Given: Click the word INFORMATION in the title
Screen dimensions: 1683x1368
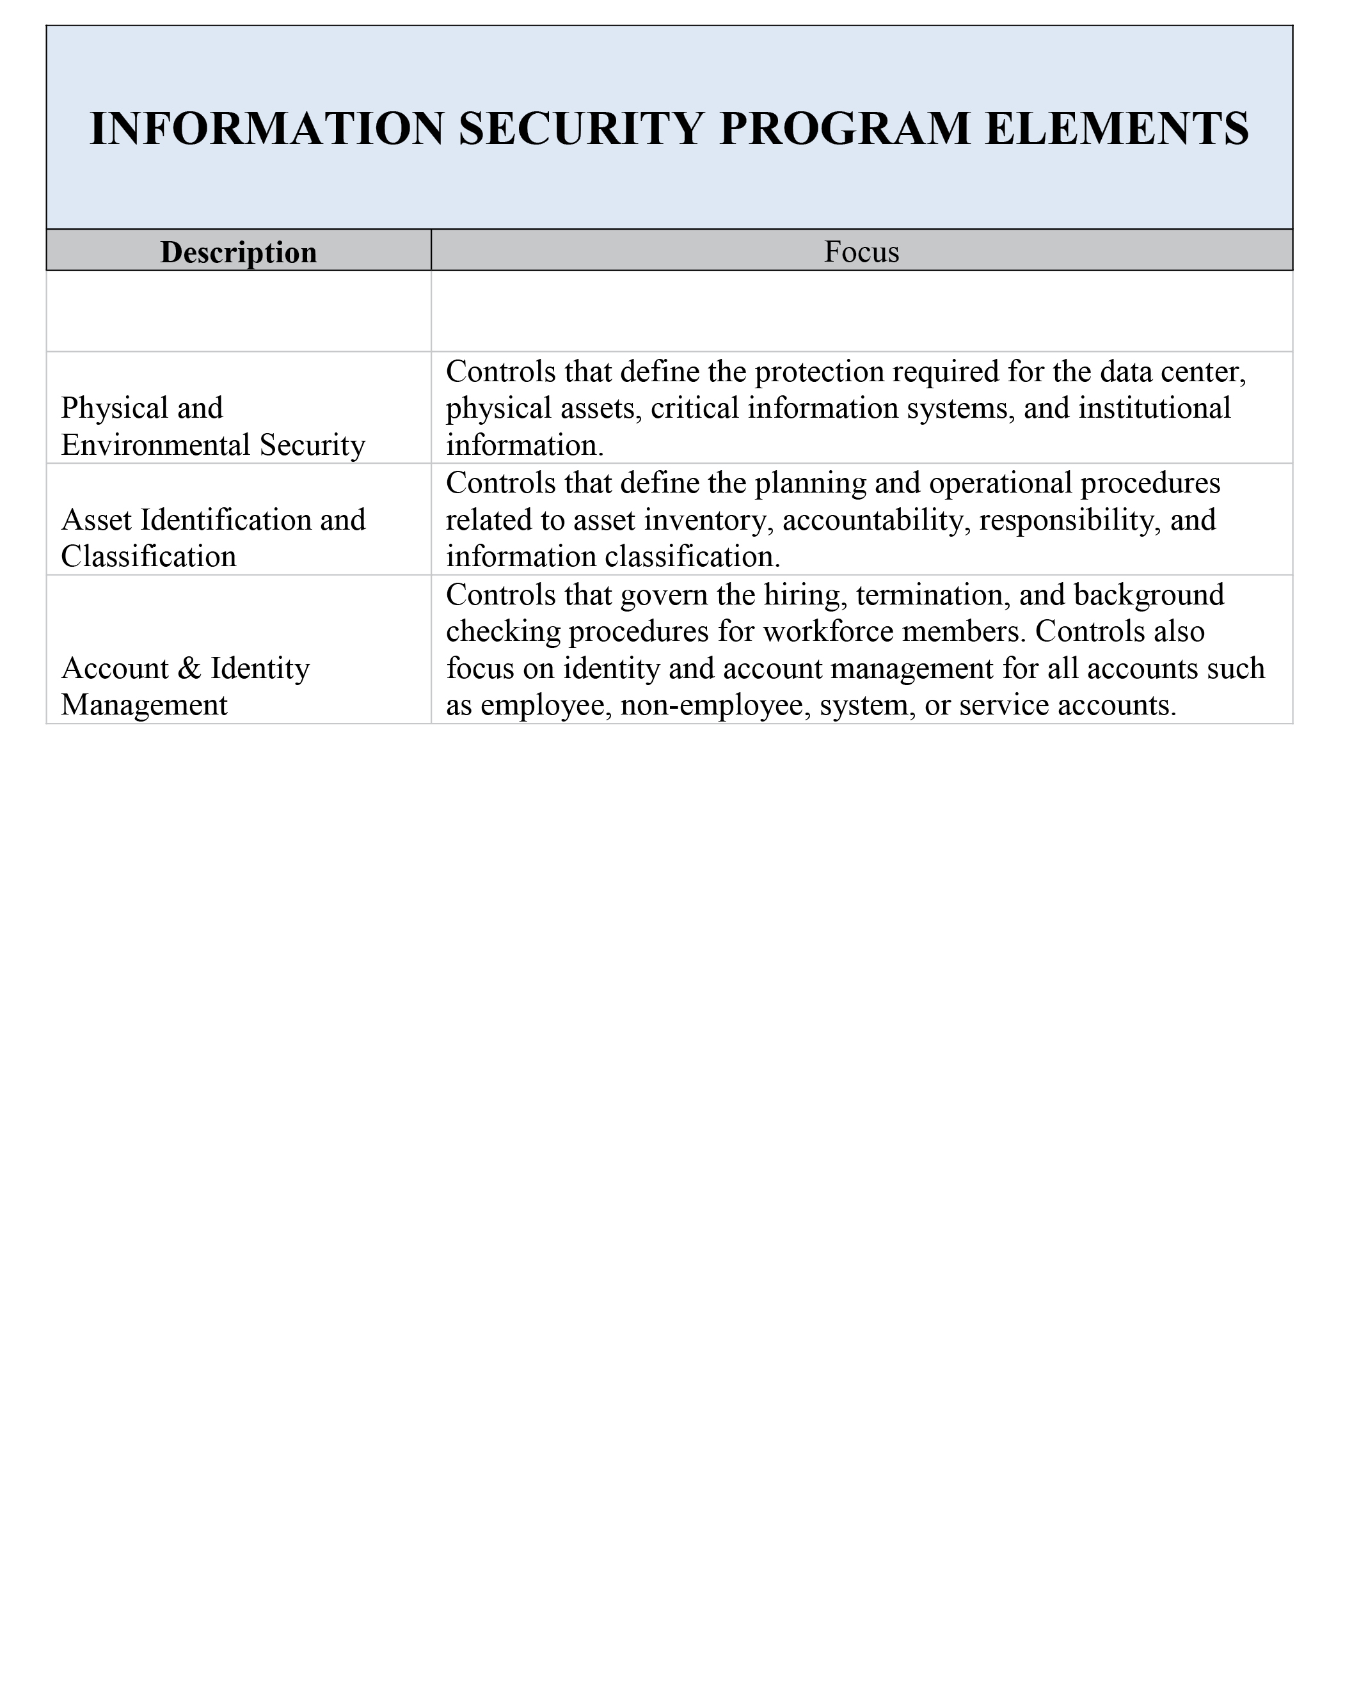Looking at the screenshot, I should click(x=267, y=129).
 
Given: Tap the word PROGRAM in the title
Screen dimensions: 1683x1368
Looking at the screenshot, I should click(x=845, y=129).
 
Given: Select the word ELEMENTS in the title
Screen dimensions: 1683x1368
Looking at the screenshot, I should click(x=1117, y=129).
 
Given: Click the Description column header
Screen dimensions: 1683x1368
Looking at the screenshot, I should click(x=238, y=252).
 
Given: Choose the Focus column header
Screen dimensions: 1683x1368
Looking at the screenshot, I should click(x=861, y=252).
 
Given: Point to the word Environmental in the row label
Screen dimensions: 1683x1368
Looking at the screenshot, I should click(x=155, y=445).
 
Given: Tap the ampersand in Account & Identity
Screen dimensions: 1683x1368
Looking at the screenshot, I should click(x=189, y=668).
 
